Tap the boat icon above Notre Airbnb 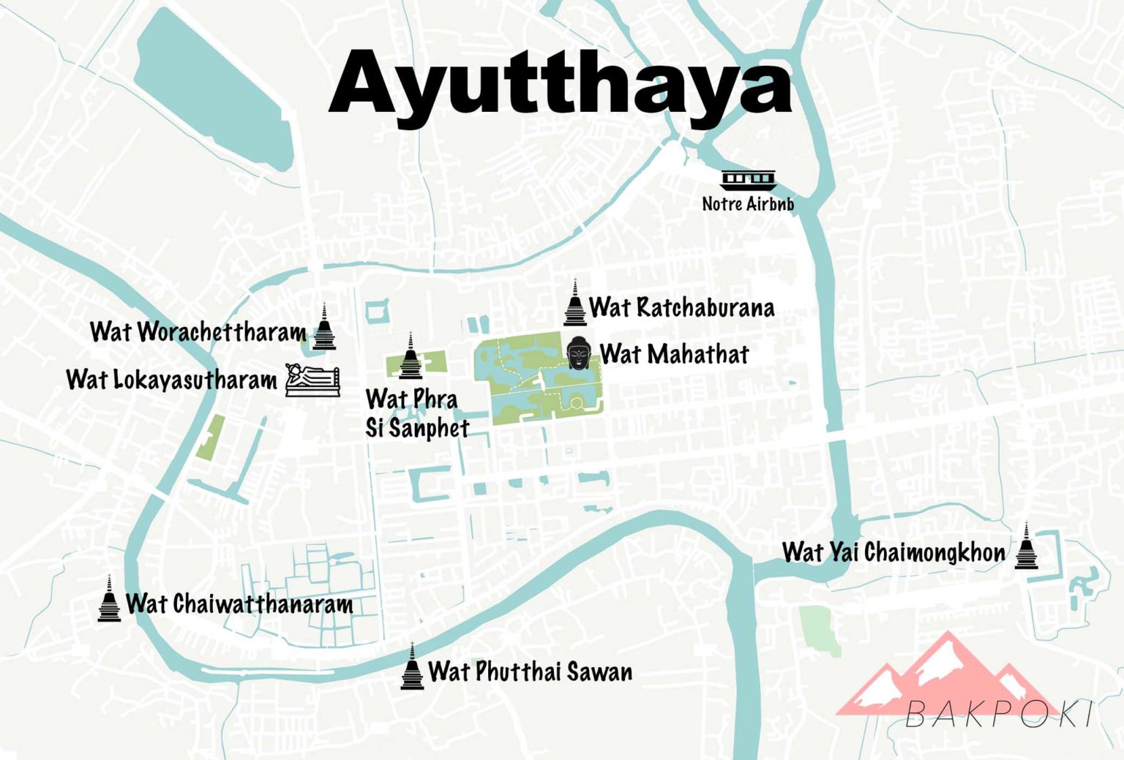(x=748, y=179)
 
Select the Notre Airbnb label (x=748, y=203)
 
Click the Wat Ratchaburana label (x=681, y=307)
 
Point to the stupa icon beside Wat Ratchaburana (x=575, y=303)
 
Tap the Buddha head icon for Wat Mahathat (x=578, y=353)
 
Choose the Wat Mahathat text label (x=674, y=354)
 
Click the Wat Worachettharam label (x=198, y=331)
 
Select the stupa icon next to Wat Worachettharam (x=324, y=327)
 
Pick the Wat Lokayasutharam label (x=171, y=380)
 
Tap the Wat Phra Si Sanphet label (x=417, y=413)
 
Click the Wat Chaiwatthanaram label (x=239, y=604)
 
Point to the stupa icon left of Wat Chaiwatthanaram (x=109, y=599)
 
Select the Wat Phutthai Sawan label (x=530, y=671)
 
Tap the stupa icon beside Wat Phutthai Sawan (x=412, y=666)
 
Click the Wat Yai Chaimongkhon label (x=893, y=552)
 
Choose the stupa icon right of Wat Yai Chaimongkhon (x=1026, y=546)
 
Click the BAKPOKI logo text (x=1000, y=714)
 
